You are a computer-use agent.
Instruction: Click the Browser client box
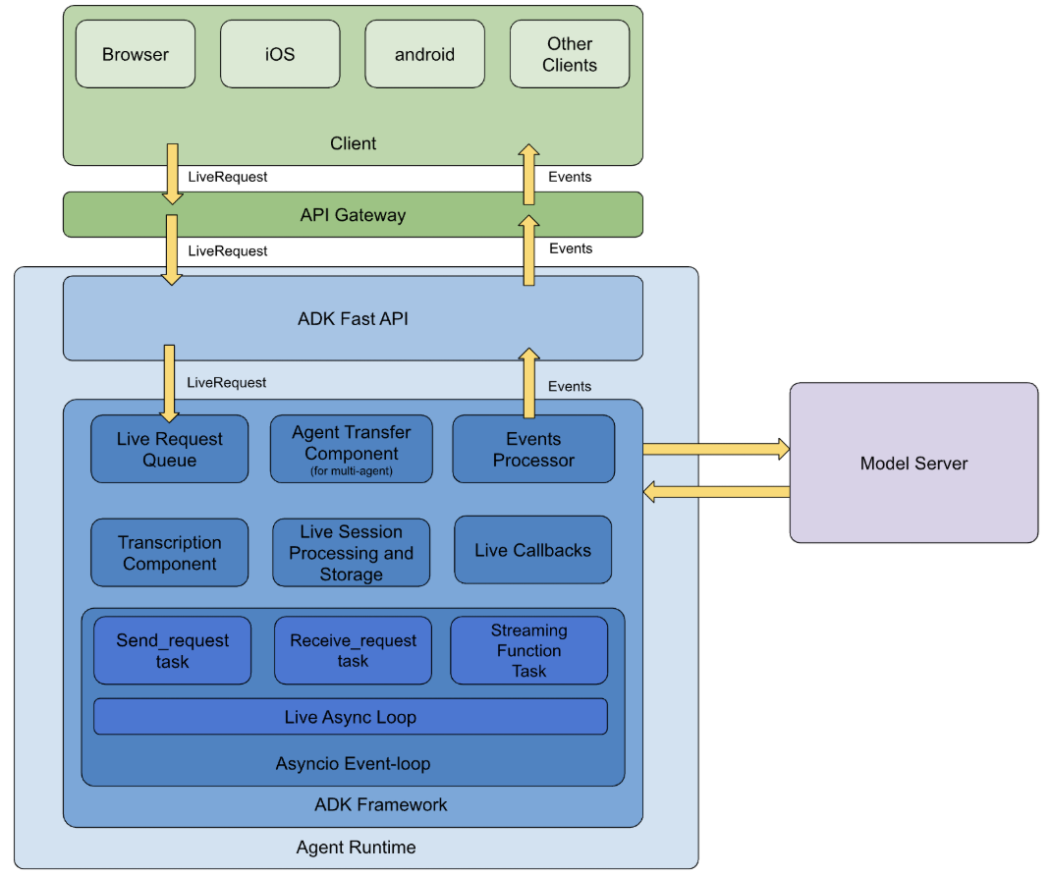136,54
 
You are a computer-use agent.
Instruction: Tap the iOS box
280,54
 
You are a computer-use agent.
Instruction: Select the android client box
424,54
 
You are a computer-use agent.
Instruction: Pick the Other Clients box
570,54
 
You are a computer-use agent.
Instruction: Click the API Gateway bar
353,214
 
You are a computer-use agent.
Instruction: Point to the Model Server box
913,463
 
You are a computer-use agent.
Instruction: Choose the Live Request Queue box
169,450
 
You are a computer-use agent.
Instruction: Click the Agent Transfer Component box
351,450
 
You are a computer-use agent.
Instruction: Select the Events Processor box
533,450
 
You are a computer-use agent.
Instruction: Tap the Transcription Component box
169,553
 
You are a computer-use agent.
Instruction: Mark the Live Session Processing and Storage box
351,553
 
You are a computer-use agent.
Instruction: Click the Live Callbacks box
532,550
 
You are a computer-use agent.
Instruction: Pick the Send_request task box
172,650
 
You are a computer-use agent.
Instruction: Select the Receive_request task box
353,650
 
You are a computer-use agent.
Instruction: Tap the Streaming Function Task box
528,650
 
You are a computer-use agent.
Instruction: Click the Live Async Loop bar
350,717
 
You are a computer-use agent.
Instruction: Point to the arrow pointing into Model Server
716,450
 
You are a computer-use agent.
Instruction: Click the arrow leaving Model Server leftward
716,491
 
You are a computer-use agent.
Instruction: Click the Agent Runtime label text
356,847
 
